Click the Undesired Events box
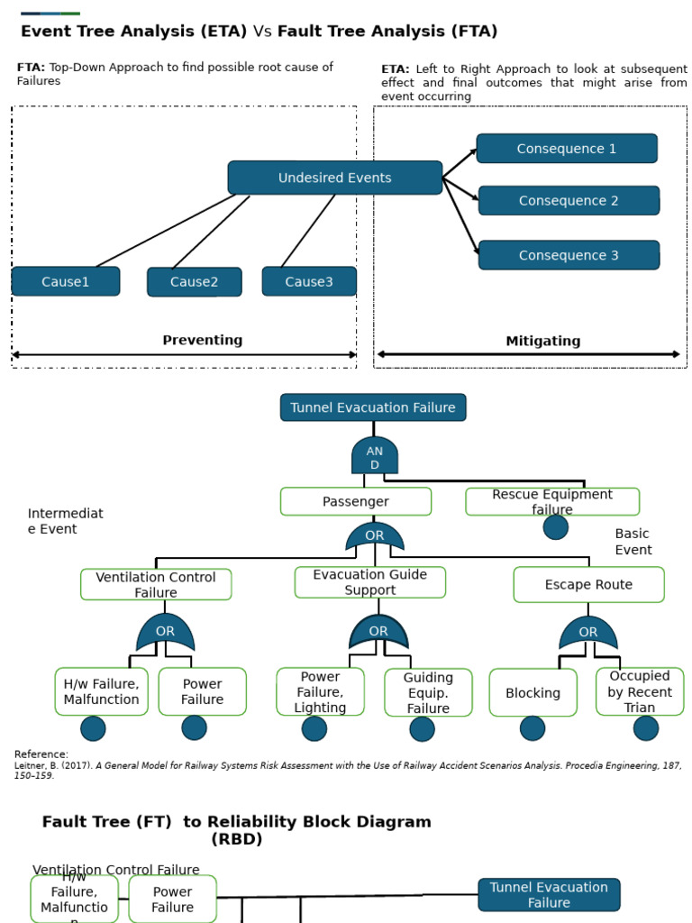(334, 178)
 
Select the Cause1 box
(66, 281)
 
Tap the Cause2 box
(194, 281)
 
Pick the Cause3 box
(309, 281)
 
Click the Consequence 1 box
(567, 149)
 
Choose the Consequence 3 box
(569, 255)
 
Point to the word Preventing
(202, 340)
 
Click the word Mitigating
(542, 341)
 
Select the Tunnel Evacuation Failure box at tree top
(373, 407)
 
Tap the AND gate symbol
(375, 456)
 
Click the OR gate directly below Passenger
(375, 536)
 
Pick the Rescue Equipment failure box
(552, 501)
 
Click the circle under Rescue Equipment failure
(556, 527)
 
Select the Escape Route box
(588, 584)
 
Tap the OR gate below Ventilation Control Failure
(165, 633)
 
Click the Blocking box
(533, 692)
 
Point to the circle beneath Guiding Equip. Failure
(422, 728)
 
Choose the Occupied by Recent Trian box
(640, 691)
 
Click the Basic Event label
(633, 542)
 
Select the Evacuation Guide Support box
(369, 582)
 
